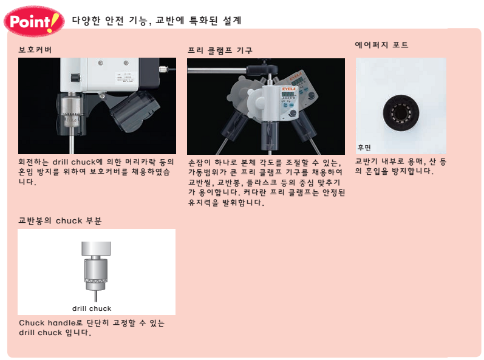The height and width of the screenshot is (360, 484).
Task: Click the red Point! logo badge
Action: click(x=34, y=21)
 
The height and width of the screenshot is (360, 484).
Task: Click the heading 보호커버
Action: click(x=35, y=50)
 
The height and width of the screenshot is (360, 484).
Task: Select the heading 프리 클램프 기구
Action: click(x=220, y=50)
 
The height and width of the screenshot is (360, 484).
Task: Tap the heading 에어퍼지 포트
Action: click(x=381, y=45)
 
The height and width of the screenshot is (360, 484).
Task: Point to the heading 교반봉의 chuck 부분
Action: click(x=60, y=220)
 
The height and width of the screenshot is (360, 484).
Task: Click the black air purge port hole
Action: click(x=401, y=112)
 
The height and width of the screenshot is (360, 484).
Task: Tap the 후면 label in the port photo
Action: click(x=364, y=148)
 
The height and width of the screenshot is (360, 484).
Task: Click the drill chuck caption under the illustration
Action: click(x=92, y=308)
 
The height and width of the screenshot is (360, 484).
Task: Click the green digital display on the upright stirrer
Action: click(x=287, y=94)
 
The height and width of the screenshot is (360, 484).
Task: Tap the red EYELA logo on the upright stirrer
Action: click(x=288, y=89)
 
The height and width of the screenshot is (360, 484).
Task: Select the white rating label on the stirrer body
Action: click(x=123, y=78)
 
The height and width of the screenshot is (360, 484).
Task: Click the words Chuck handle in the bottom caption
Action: click(x=47, y=323)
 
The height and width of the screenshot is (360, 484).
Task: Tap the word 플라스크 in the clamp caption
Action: click(x=262, y=182)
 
